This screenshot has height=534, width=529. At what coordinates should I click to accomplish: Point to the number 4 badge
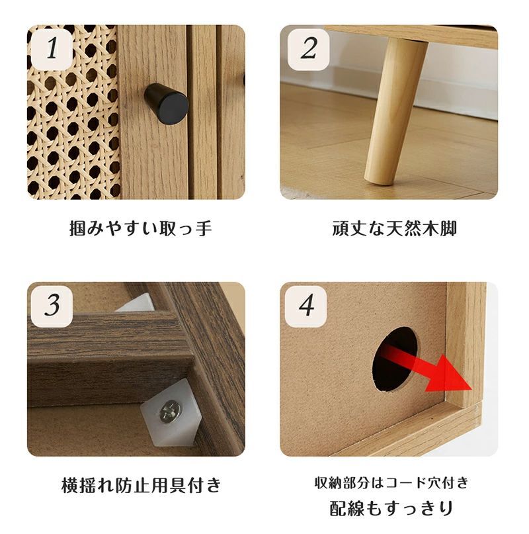[307, 305]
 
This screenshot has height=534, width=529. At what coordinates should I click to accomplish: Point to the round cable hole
[395, 361]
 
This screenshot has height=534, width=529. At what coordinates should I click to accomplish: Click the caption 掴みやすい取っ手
[141, 229]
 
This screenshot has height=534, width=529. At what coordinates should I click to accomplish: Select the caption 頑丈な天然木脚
[394, 229]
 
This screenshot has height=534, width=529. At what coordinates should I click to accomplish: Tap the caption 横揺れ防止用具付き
[141, 485]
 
